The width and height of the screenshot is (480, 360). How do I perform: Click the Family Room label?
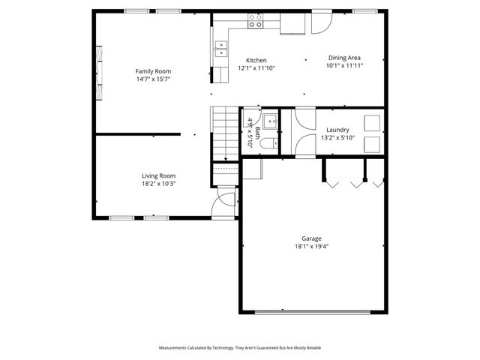click(153, 71)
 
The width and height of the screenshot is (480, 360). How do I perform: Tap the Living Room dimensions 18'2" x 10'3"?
click(158, 184)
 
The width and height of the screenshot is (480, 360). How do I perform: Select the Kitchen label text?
click(256, 61)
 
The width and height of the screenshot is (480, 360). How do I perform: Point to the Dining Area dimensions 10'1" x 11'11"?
click(344, 66)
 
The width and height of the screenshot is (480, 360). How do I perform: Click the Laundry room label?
click(337, 130)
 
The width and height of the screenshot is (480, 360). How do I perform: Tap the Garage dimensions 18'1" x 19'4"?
click(312, 246)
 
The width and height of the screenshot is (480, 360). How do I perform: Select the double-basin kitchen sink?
click(221, 50)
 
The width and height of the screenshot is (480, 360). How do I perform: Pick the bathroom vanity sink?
click(269, 120)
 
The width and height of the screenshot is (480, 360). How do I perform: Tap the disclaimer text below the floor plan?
click(239, 348)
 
